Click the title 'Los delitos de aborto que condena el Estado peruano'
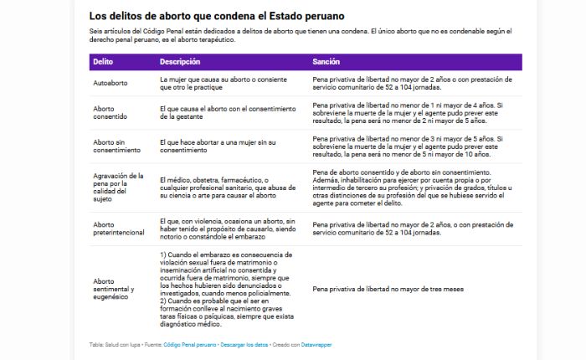217,16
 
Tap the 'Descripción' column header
180,62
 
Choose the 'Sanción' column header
326,62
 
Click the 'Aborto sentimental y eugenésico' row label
114,289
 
